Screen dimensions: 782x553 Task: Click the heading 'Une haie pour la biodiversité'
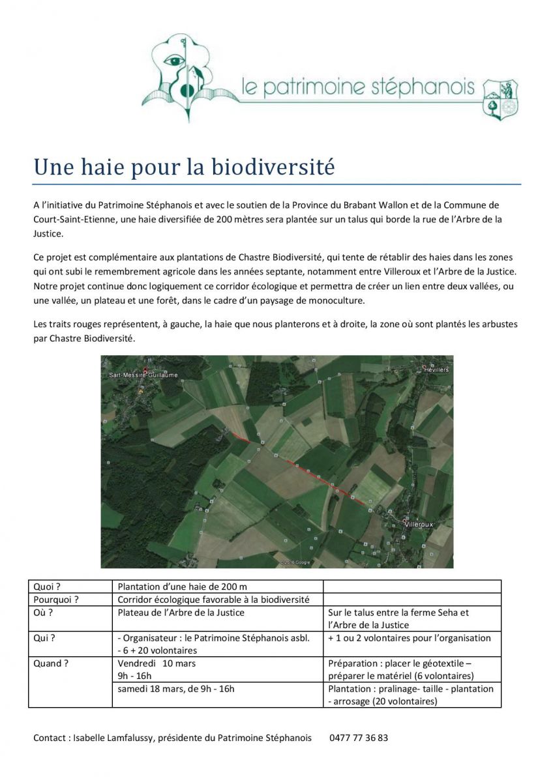[184, 167]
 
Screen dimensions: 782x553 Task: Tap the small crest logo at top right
[500, 99]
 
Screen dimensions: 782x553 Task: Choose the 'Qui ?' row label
[44, 638]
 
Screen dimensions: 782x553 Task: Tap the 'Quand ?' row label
[51, 663]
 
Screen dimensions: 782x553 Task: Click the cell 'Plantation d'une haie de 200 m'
[182, 586]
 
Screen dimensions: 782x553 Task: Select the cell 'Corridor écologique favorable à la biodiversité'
[213, 600]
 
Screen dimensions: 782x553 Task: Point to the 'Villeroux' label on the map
[419, 523]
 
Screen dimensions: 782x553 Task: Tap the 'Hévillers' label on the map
[437, 369]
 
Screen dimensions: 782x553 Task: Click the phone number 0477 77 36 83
[359, 738]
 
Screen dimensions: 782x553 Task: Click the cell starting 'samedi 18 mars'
[176, 689]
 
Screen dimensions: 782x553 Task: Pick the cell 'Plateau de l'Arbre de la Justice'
[181, 613]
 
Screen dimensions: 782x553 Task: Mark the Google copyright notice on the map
[295, 562]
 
